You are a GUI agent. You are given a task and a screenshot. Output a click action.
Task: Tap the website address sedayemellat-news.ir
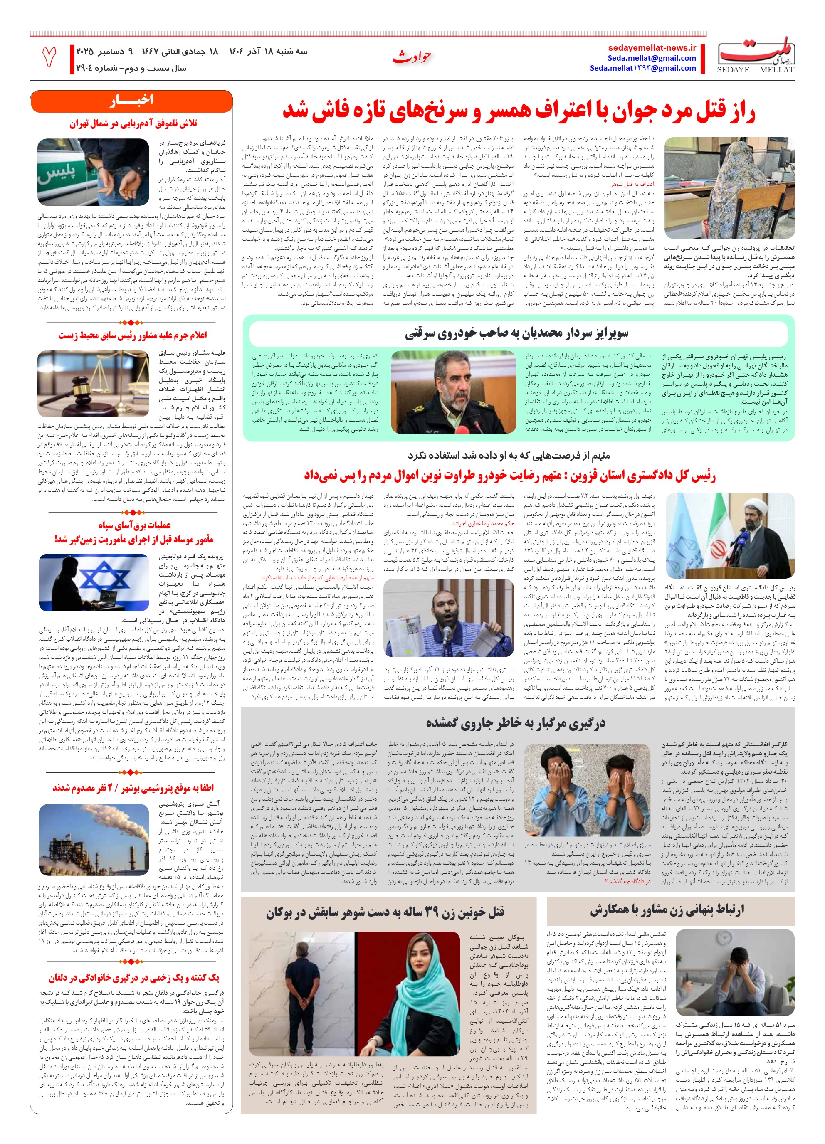click(652, 48)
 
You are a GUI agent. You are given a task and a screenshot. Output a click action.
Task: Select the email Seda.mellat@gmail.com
click(652, 58)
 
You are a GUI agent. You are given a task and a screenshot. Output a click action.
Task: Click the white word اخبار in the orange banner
click(131, 100)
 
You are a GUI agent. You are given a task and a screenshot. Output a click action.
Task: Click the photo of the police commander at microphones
click(453, 392)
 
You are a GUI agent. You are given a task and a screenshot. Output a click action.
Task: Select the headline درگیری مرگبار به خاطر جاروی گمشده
click(515, 723)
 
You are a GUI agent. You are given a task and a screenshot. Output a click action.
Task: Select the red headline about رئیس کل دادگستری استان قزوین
click(510, 476)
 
